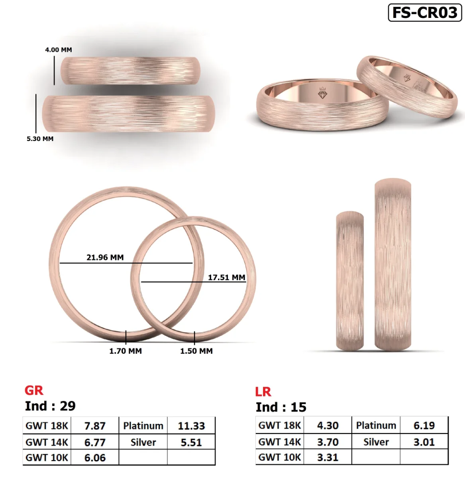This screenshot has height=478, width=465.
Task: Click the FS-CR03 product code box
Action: point(425,12)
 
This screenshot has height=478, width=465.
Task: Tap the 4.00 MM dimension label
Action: point(58,50)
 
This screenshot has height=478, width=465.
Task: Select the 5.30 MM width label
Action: point(40,139)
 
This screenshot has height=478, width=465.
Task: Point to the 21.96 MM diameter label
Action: point(105,257)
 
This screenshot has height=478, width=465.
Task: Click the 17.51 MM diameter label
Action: point(226,277)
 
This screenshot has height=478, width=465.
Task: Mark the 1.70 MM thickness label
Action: point(126,351)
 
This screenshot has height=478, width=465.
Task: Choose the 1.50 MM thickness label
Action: point(196,351)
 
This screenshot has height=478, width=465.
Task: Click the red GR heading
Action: point(34,390)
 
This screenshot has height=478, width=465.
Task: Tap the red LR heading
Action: point(263,392)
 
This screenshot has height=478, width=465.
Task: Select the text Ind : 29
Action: point(50,406)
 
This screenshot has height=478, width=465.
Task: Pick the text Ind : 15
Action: point(281,407)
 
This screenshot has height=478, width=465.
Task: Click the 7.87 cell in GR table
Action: point(95,426)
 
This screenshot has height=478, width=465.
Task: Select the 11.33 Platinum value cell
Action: point(191,426)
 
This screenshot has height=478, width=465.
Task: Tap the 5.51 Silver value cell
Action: point(191,442)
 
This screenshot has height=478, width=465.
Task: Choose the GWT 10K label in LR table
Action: point(280,457)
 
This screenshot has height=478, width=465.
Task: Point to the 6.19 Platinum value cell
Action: point(424,425)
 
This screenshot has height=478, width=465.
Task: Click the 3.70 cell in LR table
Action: point(328,442)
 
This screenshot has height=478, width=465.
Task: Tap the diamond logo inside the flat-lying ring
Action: point(322,94)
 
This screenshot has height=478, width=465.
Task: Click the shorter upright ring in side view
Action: point(350,281)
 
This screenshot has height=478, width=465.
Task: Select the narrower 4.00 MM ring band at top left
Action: point(130,71)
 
